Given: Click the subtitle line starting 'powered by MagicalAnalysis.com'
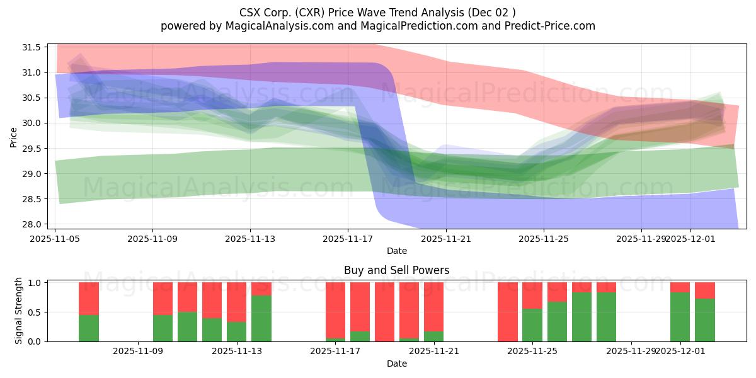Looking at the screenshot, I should (x=378, y=26).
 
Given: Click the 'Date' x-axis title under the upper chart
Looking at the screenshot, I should (x=397, y=251).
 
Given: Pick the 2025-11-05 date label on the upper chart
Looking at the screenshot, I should (x=55, y=239).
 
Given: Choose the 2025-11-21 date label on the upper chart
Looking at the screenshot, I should (x=446, y=239).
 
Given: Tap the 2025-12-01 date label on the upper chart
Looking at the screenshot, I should (x=690, y=239).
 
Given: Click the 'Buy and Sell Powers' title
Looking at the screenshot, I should (x=397, y=270).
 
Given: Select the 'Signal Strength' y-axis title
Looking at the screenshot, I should (x=19, y=311).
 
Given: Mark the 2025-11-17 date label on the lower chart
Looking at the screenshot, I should (x=335, y=352).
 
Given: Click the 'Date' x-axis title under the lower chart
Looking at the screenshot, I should (x=397, y=364).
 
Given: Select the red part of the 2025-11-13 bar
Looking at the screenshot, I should (x=237, y=302).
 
